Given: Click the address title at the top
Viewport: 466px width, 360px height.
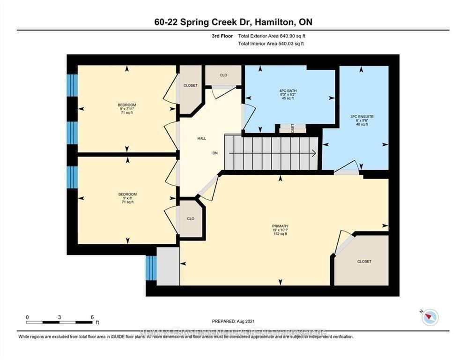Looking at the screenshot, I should click(x=233, y=22).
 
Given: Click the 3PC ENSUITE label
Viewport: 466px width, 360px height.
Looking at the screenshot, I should click(x=364, y=116).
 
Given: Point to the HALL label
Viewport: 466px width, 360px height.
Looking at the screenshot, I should click(x=201, y=138).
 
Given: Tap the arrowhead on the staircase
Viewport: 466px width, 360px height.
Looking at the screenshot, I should click(x=313, y=153).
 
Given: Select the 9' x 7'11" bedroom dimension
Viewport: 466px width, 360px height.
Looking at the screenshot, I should click(x=127, y=109).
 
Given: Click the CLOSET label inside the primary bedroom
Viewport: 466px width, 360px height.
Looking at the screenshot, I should click(x=364, y=262).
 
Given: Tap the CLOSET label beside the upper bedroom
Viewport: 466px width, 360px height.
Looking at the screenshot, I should click(x=190, y=85).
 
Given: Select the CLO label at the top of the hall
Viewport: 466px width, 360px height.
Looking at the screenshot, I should click(x=223, y=75).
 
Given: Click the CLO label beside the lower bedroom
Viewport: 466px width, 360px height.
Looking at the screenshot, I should click(x=191, y=218).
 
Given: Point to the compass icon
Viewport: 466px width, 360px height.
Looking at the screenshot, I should click(x=429, y=317).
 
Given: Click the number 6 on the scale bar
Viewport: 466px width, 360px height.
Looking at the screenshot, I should click(x=92, y=317).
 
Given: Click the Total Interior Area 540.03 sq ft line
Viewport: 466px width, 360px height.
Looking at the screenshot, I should click(x=271, y=44).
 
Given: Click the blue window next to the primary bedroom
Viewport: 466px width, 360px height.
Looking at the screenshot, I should click(x=151, y=268).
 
